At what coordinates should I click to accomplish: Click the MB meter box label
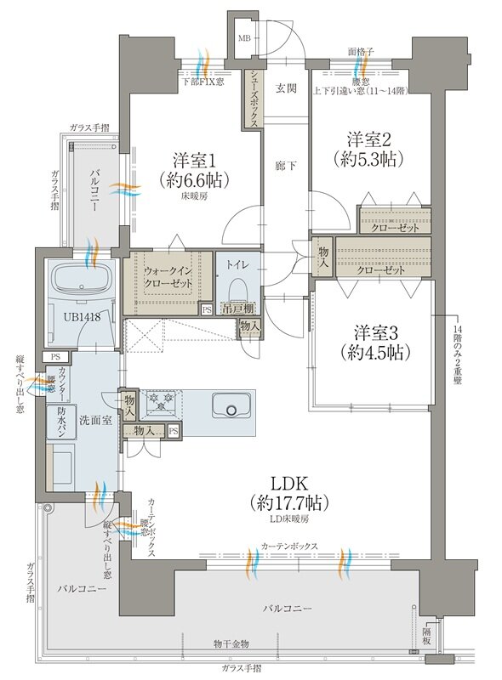point(244,38)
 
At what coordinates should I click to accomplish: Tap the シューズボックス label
point(254,98)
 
